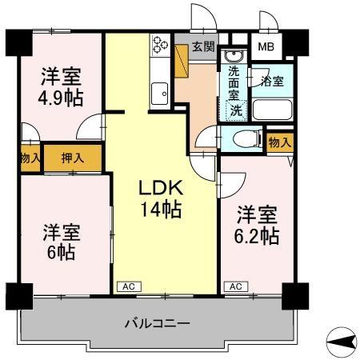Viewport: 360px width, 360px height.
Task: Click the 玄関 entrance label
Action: click(203, 46)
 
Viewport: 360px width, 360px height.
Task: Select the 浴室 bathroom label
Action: click(272, 81)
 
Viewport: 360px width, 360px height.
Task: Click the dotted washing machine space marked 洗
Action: click(236, 111)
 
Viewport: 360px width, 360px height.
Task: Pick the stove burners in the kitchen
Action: click(158, 45)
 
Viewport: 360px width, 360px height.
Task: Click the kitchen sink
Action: click(158, 94)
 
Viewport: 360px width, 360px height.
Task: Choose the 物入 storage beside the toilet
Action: click(279, 142)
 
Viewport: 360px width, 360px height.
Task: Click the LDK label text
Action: click(162, 189)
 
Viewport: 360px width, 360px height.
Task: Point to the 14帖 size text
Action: click(162, 210)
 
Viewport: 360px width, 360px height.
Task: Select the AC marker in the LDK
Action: click(127, 286)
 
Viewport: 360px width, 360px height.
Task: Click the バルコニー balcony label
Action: click(157, 324)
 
